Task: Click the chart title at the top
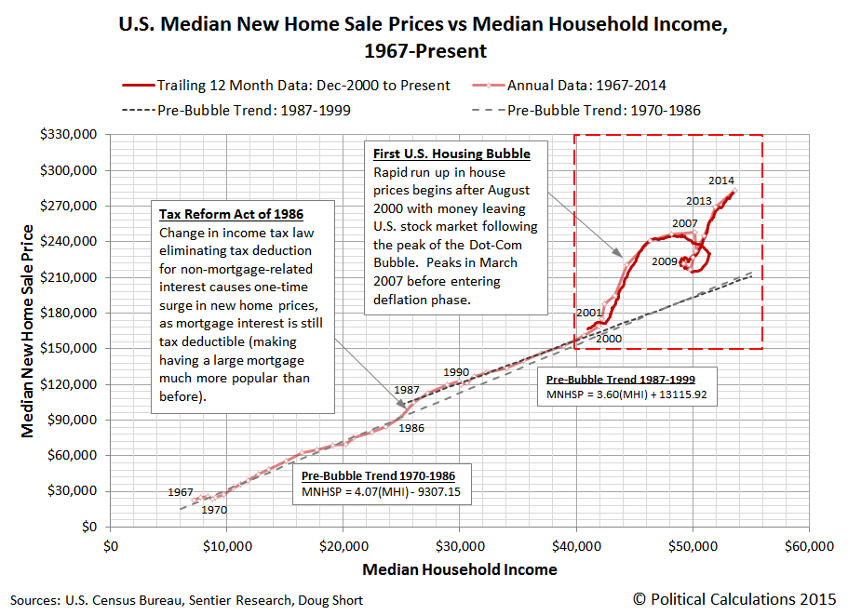point(424,36)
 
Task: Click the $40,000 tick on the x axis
point(576,545)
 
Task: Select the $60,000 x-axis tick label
point(808,545)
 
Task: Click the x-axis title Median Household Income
point(460,569)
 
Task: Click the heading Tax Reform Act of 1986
point(231,214)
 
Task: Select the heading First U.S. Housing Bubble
point(451,154)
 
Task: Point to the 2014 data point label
point(721,180)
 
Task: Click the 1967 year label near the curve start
point(181,491)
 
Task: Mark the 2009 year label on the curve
point(665,261)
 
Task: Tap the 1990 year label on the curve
point(456,371)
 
